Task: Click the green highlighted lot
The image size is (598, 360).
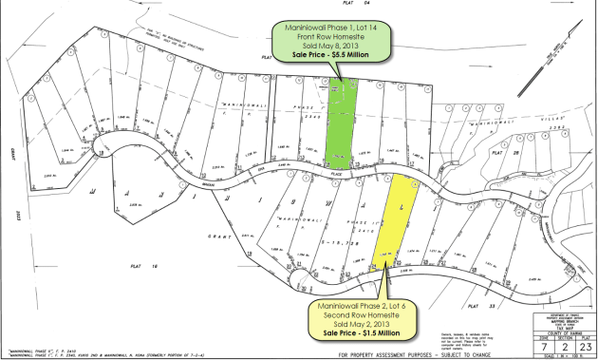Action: click(341, 123)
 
